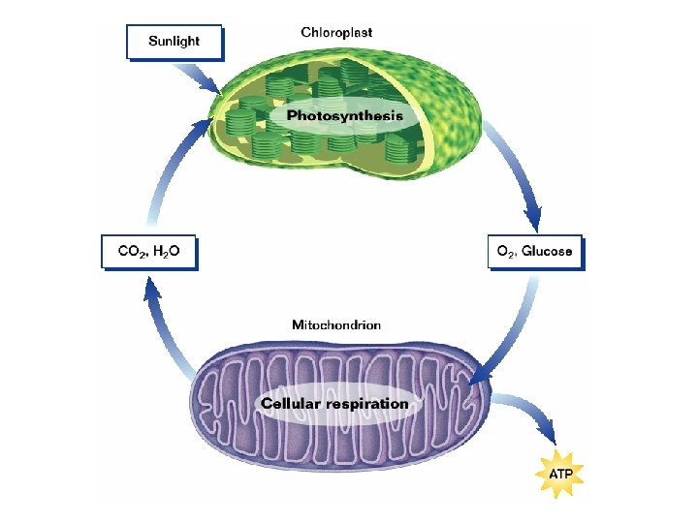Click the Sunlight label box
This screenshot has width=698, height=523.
coord(174,42)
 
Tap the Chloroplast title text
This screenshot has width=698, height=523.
coord(336,32)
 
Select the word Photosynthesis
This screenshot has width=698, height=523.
coord(344,116)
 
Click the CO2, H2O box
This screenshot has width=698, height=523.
coord(150,252)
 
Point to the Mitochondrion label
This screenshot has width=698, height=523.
coord(336,324)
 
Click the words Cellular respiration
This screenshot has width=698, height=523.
coord(335,404)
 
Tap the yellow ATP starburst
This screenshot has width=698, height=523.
coord(560,475)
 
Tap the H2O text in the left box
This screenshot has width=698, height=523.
coord(169,252)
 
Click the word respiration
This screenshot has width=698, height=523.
coord(369,404)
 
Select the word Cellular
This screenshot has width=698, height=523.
coord(292,404)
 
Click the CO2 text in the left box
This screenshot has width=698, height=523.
coord(131,252)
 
